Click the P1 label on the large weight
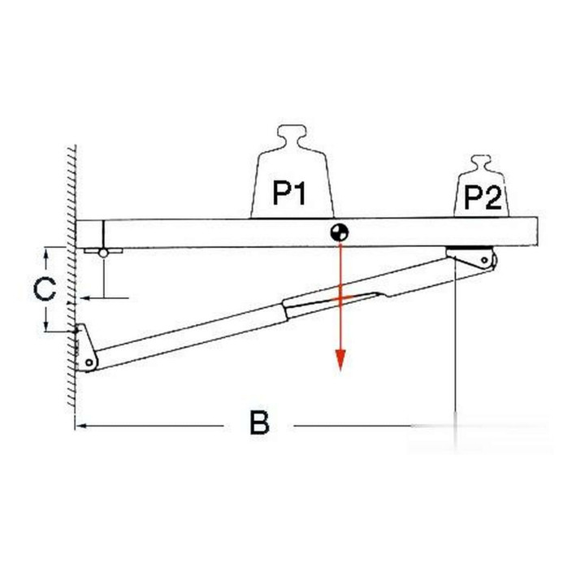(289, 192)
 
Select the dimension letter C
(45, 289)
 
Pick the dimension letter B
(259, 422)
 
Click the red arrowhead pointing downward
(340, 360)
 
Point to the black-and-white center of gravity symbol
(340, 232)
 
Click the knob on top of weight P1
(292, 136)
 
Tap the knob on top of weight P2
(482, 163)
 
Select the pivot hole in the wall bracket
(89, 362)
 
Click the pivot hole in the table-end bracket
(484, 260)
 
